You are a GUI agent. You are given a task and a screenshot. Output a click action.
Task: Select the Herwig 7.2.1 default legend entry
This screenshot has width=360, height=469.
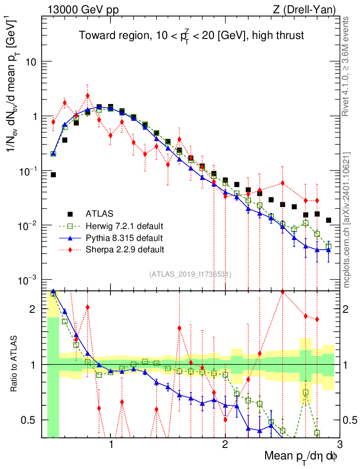coord(124,226)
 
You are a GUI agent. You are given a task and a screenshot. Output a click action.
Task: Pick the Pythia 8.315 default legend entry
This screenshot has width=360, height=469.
coord(124,238)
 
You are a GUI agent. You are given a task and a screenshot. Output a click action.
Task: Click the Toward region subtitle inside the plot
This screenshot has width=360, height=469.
coord(191,35)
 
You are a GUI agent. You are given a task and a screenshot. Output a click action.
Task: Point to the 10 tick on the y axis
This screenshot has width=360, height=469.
coord(31,62)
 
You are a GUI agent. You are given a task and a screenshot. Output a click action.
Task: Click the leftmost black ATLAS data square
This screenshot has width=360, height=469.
coord(53,175)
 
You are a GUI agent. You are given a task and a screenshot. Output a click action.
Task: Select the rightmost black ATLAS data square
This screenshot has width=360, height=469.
coord(328,220)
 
